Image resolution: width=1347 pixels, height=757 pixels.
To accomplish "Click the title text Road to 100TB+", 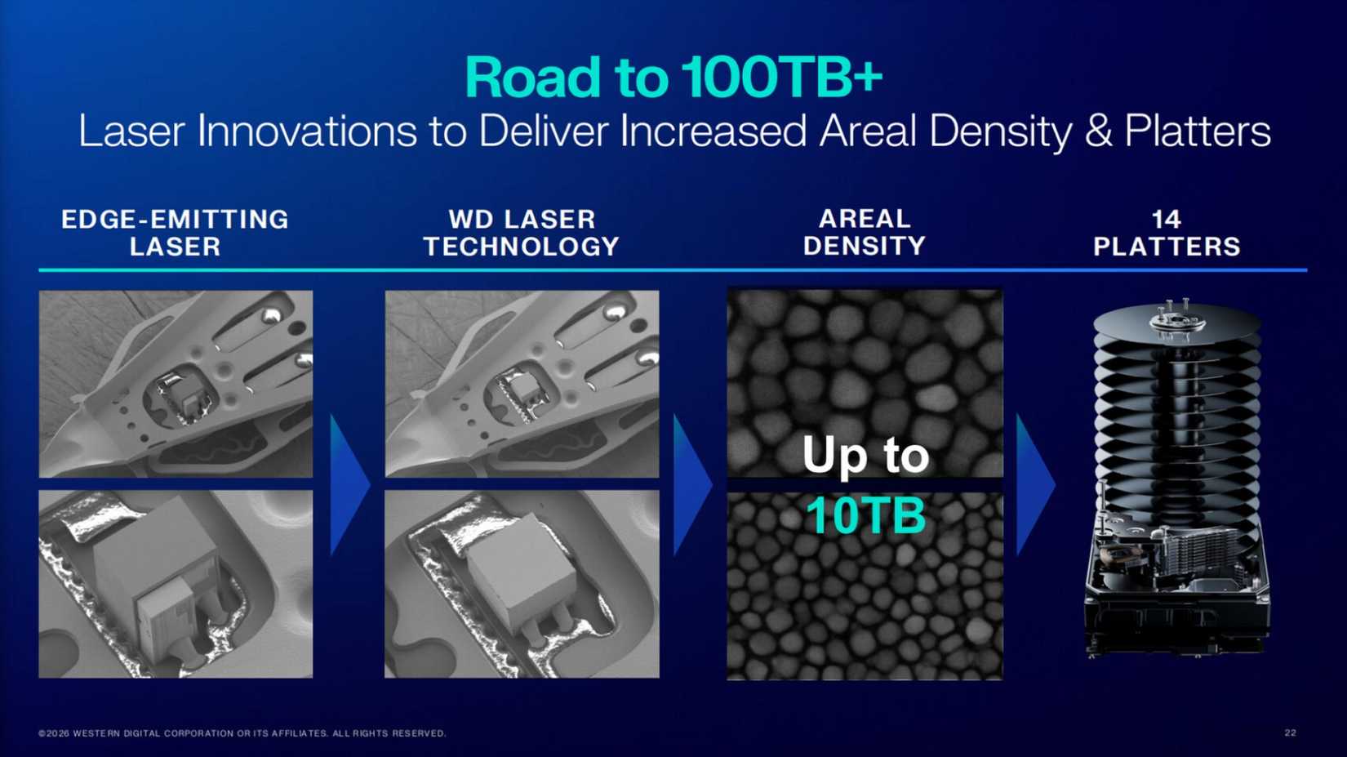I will click(673, 78).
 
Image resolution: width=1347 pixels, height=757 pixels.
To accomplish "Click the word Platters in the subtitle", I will click(1197, 131).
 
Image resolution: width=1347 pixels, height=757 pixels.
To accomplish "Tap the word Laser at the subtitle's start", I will click(131, 131).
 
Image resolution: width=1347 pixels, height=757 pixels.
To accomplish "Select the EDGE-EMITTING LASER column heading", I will click(175, 233).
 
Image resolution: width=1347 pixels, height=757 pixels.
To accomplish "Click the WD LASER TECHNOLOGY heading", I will click(521, 233).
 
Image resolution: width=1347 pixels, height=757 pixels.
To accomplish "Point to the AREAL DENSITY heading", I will click(864, 232).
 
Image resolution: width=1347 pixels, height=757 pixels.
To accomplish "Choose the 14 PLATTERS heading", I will click(1166, 233).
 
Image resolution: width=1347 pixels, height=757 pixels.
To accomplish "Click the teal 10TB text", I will click(865, 515).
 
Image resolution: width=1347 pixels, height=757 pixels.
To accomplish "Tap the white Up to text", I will click(865, 455).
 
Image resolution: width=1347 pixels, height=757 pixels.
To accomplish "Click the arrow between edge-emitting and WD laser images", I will click(348, 485).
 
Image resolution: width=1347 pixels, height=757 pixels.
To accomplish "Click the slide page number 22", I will click(1290, 733).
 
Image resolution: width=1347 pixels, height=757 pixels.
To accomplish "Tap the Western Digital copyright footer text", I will click(242, 733).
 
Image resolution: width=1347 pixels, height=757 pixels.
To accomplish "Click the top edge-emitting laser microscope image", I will click(176, 384).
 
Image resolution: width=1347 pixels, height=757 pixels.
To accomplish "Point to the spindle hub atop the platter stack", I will click(1176, 318).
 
